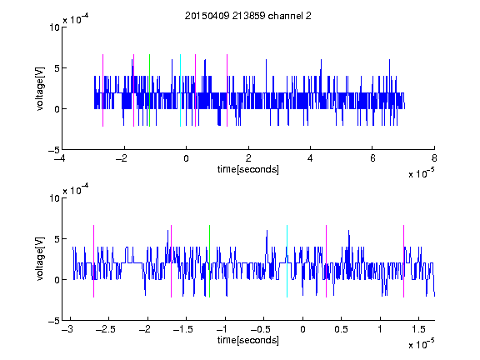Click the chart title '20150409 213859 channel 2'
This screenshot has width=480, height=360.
click(x=248, y=16)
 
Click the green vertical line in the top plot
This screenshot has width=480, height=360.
click(x=149, y=90)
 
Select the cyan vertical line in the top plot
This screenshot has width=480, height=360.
click(x=180, y=90)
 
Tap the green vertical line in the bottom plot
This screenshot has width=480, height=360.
click(x=209, y=261)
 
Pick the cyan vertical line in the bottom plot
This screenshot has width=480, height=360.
click(x=287, y=261)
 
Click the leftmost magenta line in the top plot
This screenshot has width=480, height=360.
click(x=102, y=90)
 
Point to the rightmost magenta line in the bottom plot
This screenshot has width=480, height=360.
click(x=403, y=261)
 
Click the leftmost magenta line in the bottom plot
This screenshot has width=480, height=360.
click(x=93, y=261)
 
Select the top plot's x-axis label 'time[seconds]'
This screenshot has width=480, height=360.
click(x=248, y=169)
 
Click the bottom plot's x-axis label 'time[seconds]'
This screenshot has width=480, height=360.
click(x=248, y=340)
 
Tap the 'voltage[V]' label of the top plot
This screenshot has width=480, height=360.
click(x=40, y=88)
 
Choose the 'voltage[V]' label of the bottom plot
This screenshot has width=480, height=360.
click(x=40, y=258)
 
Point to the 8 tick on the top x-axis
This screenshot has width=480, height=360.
click(x=434, y=158)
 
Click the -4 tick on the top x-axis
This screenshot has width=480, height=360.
click(x=60, y=158)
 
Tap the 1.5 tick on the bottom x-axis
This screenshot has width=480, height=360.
click(x=419, y=329)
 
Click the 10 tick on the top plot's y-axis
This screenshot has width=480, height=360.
click(x=54, y=27)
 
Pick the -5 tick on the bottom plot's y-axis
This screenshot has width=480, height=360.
click(x=54, y=321)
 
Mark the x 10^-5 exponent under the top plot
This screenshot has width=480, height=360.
click(x=421, y=173)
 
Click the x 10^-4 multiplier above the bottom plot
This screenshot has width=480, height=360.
click(x=76, y=190)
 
